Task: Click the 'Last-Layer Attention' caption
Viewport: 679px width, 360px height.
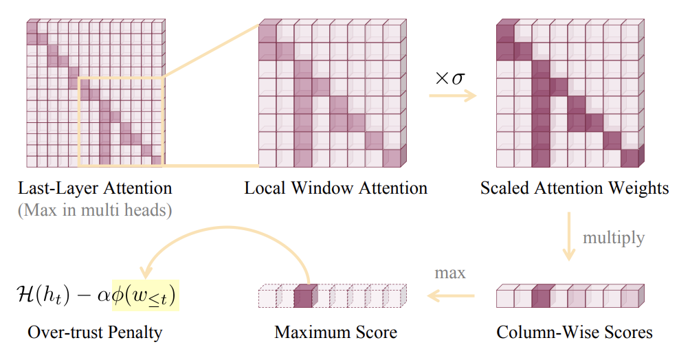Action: [x=95, y=188]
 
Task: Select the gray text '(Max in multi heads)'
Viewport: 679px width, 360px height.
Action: [x=95, y=210]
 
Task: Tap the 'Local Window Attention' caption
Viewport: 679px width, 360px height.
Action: [x=335, y=188]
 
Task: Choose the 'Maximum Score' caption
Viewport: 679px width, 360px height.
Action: [x=335, y=333]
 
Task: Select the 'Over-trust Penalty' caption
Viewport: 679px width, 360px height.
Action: [x=95, y=333]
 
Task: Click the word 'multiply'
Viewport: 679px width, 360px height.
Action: [x=614, y=238]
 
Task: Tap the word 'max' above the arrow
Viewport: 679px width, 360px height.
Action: [x=450, y=273]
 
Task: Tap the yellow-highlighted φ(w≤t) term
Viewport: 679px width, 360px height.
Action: [x=145, y=295]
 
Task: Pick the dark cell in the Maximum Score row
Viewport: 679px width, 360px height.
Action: [x=302, y=297]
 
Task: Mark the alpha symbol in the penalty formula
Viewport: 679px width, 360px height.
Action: [x=104, y=296]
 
